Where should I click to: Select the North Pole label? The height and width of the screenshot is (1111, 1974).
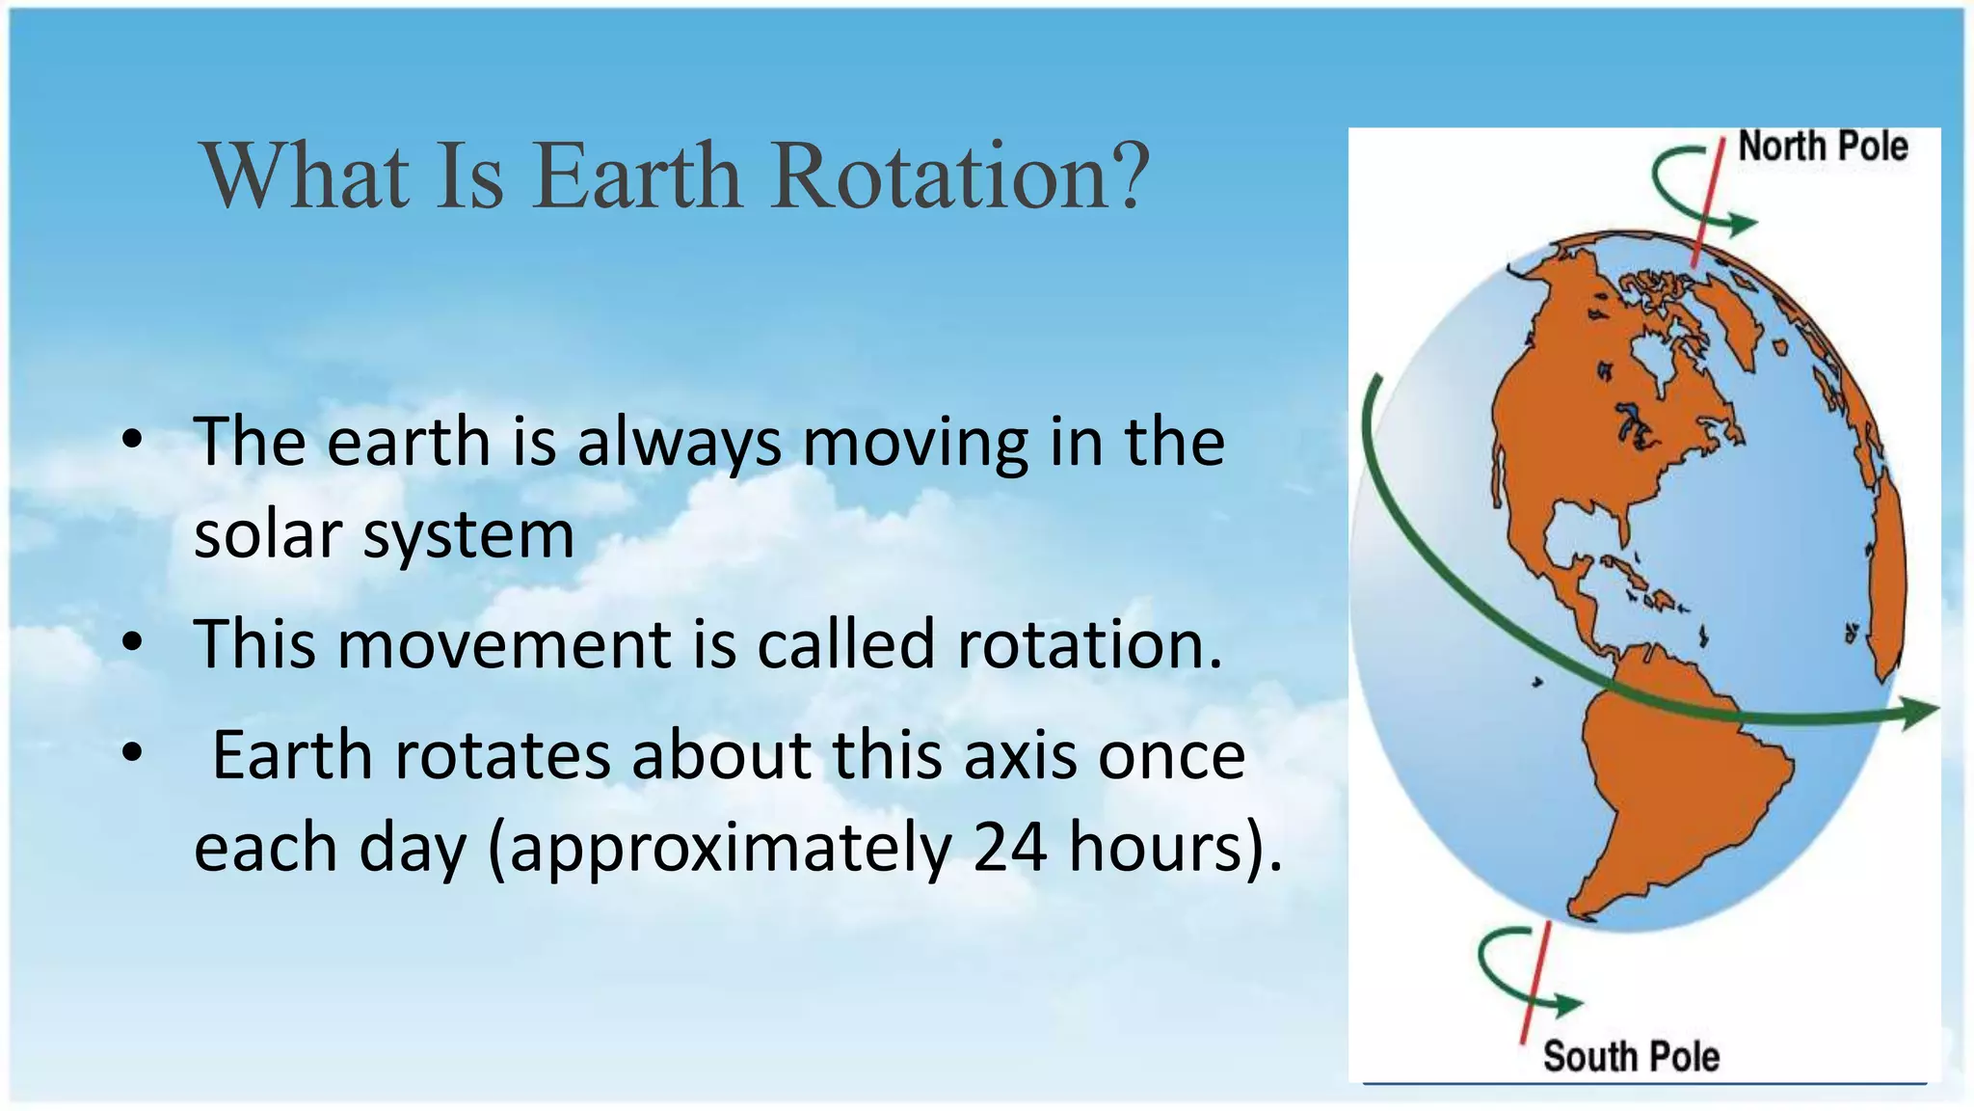[1822, 147]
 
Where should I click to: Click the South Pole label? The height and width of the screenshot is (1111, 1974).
[1631, 1056]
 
